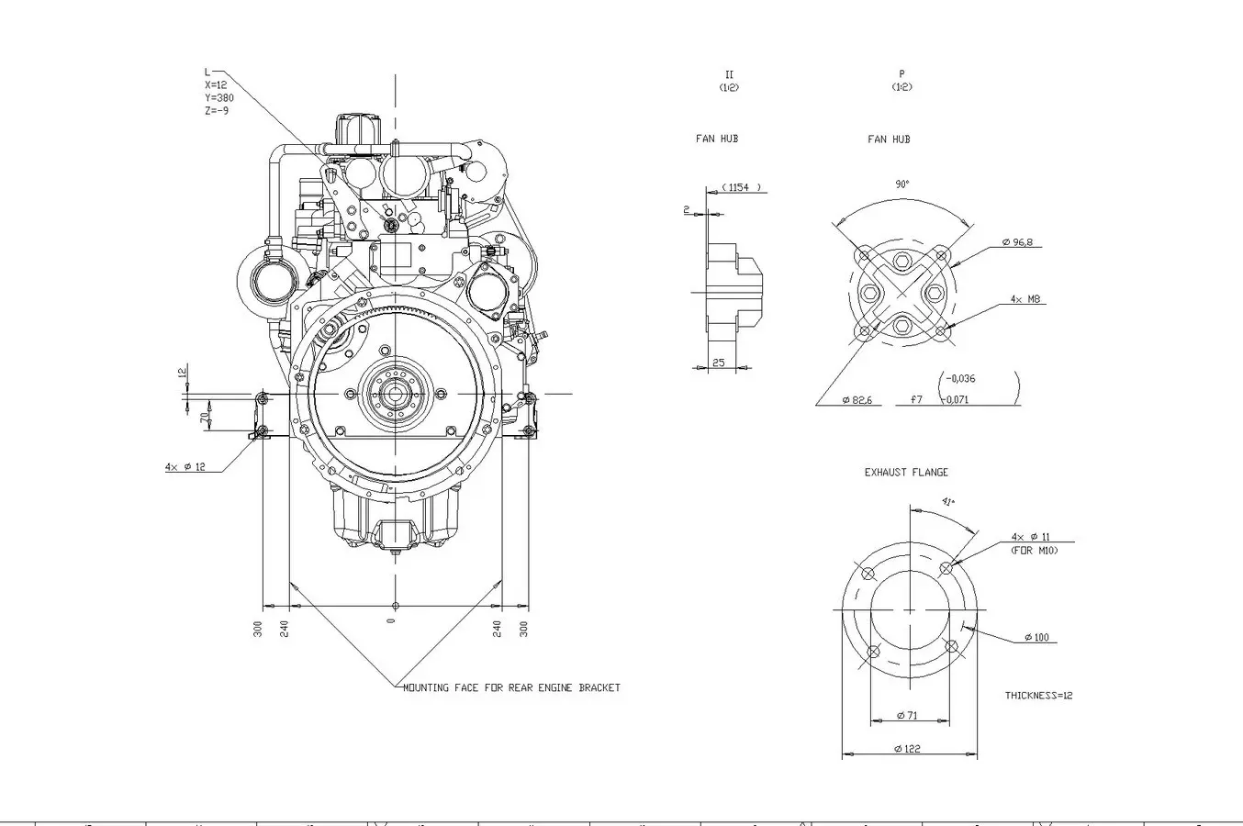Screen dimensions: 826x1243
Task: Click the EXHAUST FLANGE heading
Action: pyautogui.click(x=906, y=473)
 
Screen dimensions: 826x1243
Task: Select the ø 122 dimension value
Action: pyautogui.click(x=906, y=749)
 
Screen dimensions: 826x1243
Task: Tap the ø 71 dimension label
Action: pyautogui.click(x=906, y=715)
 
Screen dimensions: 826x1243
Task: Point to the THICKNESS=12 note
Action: pyautogui.click(x=1038, y=696)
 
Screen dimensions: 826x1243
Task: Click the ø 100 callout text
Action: pyautogui.click(x=1036, y=638)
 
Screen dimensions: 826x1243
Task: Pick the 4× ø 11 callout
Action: pyautogui.click(x=1030, y=537)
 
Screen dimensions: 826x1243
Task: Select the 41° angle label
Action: pyautogui.click(x=948, y=502)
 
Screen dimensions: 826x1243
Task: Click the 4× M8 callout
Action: pyautogui.click(x=1025, y=299)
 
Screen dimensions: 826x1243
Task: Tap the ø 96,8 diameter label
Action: pyautogui.click(x=1023, y=242)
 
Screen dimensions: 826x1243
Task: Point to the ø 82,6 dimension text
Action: pyautogui.click(x=857, y=400)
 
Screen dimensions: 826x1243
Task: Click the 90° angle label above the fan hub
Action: pyautogui.click(x=902, y=184)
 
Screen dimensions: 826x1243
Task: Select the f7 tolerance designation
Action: pyautogui.click(x=916, y=400)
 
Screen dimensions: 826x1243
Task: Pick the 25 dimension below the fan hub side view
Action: pyautogui.click(x=719, y=363)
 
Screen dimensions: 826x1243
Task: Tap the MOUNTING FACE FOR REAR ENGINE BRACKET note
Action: pyautogui.click(x=512, y=687)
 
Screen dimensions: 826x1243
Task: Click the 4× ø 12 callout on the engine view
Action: pyautogui.click(x=185, y=467)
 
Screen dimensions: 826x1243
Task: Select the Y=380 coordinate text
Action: pyautogui.click(x=218, y=97)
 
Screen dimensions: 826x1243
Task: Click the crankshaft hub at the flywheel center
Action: pyautogui.click(x=396, y=394)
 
